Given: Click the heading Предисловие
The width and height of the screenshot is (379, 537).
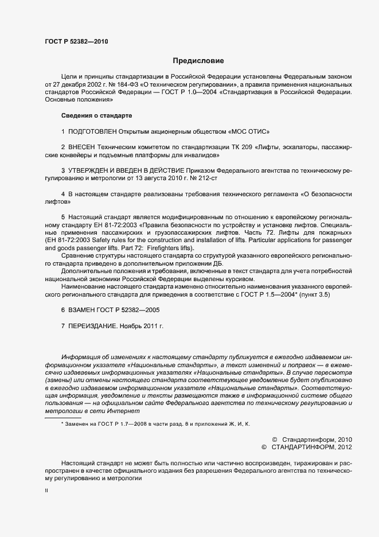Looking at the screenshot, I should coord(198,60).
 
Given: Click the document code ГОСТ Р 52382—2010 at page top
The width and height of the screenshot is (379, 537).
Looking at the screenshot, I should coord(76,42).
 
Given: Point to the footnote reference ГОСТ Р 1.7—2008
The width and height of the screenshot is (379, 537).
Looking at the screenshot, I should coord(122,423).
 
